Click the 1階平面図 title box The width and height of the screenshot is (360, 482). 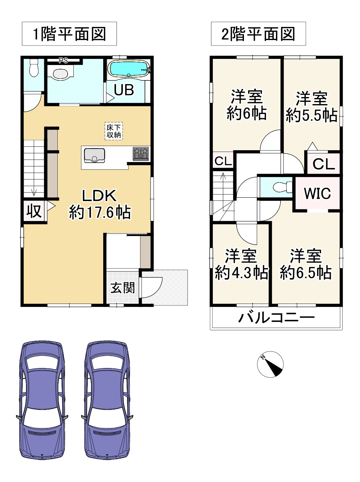pyautogui.click(x=69, y=34)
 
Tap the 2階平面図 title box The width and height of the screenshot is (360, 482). pyautogui.click(x=258, y=34)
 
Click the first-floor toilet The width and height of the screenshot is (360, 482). pyautogui.click(x=33, y=68)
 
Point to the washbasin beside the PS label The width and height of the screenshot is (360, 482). pyautogui.click(x=60, y=74)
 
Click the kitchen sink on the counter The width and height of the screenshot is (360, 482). pyautogui.click(x=94, y=156)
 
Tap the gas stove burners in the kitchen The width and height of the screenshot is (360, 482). pyautogui.click(x=141, y=154)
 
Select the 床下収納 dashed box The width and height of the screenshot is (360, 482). pyautogui.click(x=114, y=131)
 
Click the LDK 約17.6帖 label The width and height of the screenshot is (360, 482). pyautogui.click(x=99, y=204)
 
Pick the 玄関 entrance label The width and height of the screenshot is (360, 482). pyautogui.click(x=122, y=288)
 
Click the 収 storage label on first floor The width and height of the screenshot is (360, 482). pyautogui.click(x=34, y=211)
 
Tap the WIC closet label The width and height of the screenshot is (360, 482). pyautogui.click(x=317, y=193)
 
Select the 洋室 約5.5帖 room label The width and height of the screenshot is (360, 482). pyautogui.click(x=311, y=107)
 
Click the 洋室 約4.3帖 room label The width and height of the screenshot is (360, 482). pyautogui.click(x=241, y=264)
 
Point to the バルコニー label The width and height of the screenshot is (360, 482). pyautogui.click(x=276, y=318)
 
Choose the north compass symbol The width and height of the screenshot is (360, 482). pyautogui.click(x=270, y=364)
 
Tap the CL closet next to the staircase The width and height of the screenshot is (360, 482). pyautogui.click(x=223, y=161)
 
